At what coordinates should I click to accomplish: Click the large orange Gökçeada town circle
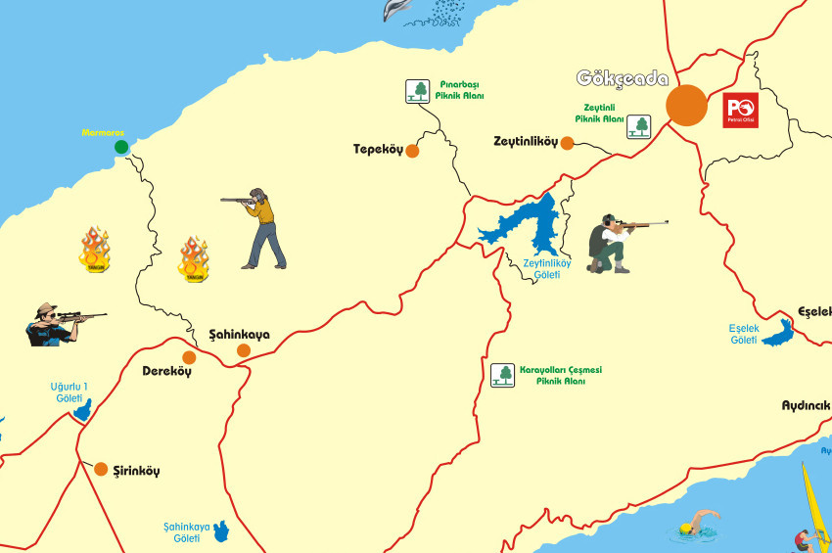click(686, 105)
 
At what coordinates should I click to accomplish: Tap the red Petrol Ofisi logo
click(740, 111)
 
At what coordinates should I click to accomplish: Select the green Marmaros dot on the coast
click(121, 147)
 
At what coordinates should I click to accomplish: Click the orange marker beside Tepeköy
click(412, 151)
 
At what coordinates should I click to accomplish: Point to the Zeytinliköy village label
click(525, 142)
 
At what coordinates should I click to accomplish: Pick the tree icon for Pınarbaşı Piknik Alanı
click(419, 91)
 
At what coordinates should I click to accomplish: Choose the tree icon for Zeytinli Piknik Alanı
click(639, 125)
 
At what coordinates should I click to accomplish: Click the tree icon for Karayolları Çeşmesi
click(502, 375)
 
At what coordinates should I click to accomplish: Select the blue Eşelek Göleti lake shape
click(779, 335)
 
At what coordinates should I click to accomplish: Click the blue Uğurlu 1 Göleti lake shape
click(82, 410)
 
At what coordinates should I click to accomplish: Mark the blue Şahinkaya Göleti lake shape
click(222, 532)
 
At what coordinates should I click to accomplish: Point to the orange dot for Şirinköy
click(101, 469)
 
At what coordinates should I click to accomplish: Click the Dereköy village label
click(166, 371)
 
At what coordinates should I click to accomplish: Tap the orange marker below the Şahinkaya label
click(243, 350)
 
